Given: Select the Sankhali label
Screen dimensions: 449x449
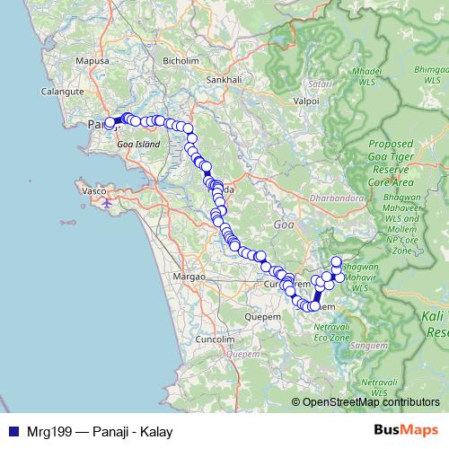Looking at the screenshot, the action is tap(224, 79).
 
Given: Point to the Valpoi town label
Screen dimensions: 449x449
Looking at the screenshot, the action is tap(306, 101).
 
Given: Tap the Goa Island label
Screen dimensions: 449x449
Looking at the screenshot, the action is tap(139, 144).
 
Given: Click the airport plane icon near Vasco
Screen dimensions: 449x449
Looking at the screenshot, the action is tap(109, 201).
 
